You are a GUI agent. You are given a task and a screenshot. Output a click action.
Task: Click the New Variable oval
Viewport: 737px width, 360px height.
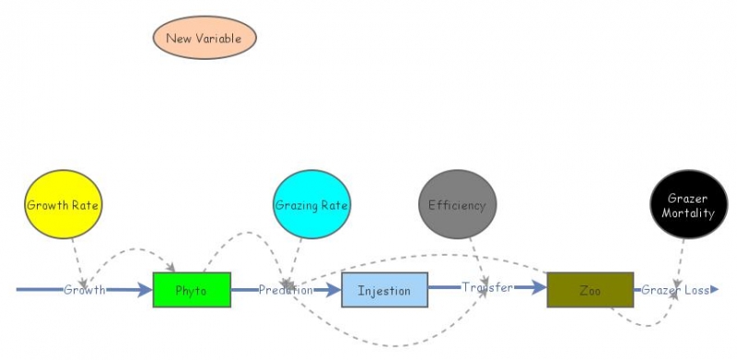[x=204, y=39]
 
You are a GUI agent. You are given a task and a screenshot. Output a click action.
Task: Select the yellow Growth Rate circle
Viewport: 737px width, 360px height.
[x=63, y=204]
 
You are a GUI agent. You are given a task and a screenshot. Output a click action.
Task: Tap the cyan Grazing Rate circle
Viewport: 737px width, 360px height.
[x=312, y=204]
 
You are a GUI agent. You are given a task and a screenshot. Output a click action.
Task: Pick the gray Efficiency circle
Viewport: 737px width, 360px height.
[x=457, y=204]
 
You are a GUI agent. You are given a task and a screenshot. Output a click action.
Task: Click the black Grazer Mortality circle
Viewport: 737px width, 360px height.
[x=683, y=205]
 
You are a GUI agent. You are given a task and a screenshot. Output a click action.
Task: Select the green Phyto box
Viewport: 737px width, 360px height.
[x=192, y=290]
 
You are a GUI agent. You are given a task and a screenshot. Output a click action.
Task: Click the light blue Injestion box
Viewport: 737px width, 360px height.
[x=384, y=290]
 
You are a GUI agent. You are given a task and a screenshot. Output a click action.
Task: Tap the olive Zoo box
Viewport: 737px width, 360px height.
[x=590, y=290]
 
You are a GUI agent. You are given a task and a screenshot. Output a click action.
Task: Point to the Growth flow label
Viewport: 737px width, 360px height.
[x=84, y=290]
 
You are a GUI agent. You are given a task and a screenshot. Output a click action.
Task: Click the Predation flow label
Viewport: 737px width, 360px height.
[x=286, y=290]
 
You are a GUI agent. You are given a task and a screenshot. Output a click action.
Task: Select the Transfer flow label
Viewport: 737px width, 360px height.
[x=487, y=288]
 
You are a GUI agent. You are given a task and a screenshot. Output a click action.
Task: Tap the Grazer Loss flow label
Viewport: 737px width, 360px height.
[x=675, y=290]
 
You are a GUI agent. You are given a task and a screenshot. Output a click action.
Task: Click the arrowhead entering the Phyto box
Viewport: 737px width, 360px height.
[x=146, y=290]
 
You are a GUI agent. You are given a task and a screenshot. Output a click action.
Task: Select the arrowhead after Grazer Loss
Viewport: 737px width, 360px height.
[x=714, y=290]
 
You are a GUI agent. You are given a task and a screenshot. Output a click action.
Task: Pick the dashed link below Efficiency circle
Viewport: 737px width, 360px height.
[x=474, y=249]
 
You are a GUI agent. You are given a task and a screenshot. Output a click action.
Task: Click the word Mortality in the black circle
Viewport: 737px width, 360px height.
[x=683, y=214]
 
